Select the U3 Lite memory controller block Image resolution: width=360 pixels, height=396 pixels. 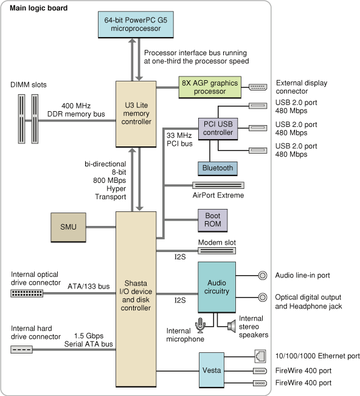click(x=137, y=113)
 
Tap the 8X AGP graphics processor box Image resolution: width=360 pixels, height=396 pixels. click(x=209, y=87)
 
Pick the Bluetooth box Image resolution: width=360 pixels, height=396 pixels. click(x=217, y=168)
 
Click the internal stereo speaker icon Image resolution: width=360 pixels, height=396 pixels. click(x=231, y=326)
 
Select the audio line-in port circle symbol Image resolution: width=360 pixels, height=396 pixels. click(x=263, y=276)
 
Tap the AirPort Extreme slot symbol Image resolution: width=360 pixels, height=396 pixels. click(x=218, y=185)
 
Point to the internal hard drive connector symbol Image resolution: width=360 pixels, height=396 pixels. click(x=22, y=349)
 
